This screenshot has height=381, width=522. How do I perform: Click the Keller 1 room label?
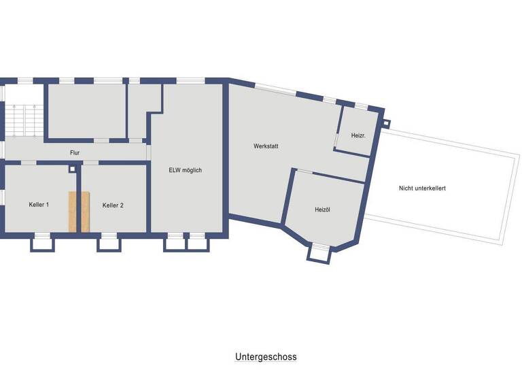pyautogui.click(x=39, y=205)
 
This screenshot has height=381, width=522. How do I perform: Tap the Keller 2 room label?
pyautogui.click(x=113, y=205)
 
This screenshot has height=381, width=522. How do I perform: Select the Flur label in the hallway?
pyautogui.click(x=75, y=153)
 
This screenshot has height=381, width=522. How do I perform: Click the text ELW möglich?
pyautogui.click(x=186, y=171)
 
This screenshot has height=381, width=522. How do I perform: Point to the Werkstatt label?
pyautogui.click(x=266, y=146)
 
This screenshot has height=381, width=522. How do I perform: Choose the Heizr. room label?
pyautogui.click(x=358, y=136)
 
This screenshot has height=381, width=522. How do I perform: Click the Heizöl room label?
pyautogui.click(x=322, y=210)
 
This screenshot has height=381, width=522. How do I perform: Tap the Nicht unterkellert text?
pyautogui.click(x=422, y=188)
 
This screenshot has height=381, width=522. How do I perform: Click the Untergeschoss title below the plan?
pyautogui.click(x=266, y=357)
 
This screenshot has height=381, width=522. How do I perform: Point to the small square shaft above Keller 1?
pyautogui.click(x=73, y=169)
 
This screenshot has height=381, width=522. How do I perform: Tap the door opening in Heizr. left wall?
pyautogui.click(x=336, y=139)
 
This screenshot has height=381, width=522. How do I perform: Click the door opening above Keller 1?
pyautogui.click(x=29, y=163)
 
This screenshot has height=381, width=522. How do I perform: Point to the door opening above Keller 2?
pyautogui.click(x=90, y=163)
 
